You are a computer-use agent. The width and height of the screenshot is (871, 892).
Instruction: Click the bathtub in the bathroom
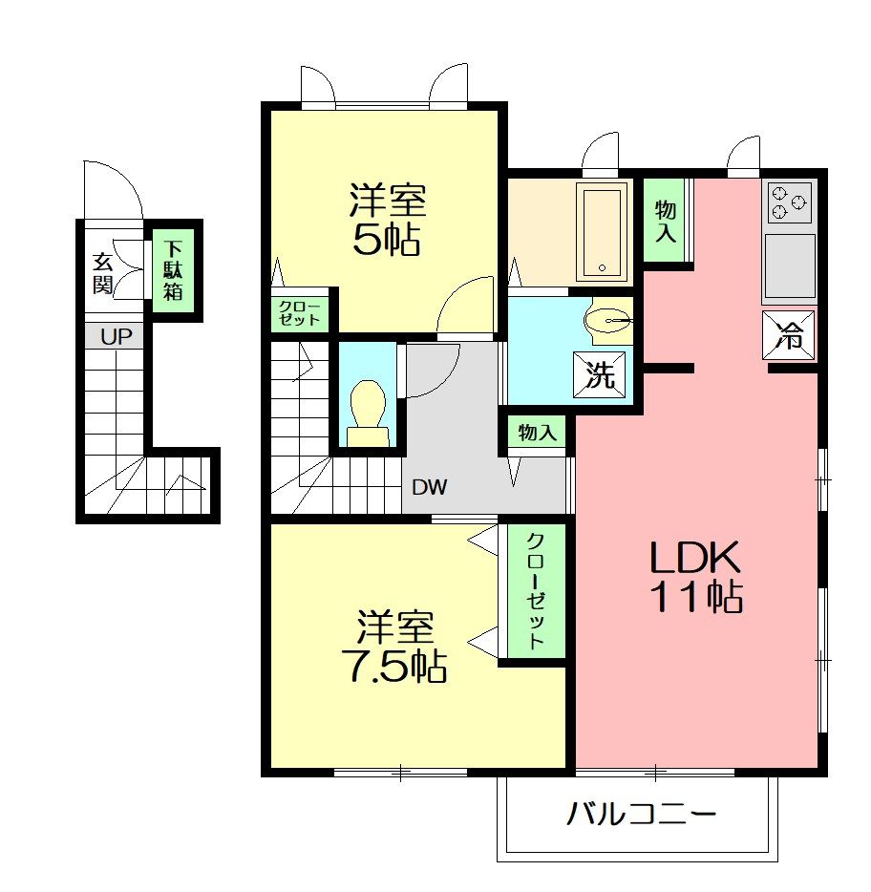coord(602,231)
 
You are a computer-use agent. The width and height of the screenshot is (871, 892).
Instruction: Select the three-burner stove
coord(790,202)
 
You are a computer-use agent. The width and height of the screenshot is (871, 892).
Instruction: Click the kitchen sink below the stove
coord(789,266)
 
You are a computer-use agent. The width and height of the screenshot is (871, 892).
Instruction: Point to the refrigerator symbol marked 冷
coord(789,335)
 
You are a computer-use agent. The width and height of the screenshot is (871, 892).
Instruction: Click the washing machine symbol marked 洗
coord(599,374)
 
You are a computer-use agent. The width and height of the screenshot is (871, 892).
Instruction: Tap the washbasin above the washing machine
coord(609,321)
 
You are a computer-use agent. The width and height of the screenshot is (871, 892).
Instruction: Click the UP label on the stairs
coord(117,337)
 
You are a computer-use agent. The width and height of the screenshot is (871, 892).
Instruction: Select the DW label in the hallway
coord(430,487)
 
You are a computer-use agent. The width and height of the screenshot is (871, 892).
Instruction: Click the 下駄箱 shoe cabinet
coord(173,270)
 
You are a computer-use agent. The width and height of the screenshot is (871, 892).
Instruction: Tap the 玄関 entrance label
coord(103,274)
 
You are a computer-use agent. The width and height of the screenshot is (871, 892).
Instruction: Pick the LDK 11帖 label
coord(696,576)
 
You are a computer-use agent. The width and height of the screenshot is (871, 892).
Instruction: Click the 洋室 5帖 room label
coord(387,219)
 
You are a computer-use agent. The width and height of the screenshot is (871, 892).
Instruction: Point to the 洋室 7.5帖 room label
coord(393,647)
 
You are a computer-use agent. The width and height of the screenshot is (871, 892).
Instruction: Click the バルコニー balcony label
coord(641,814)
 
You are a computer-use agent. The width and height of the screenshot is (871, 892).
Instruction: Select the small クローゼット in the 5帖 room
coord(299,313)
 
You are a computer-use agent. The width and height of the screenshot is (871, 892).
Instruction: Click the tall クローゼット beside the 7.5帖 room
coord(536,591)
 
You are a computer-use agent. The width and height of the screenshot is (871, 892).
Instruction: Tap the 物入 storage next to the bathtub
coord(665,221)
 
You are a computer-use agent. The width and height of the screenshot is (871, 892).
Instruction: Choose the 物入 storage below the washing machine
coord(537,433)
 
